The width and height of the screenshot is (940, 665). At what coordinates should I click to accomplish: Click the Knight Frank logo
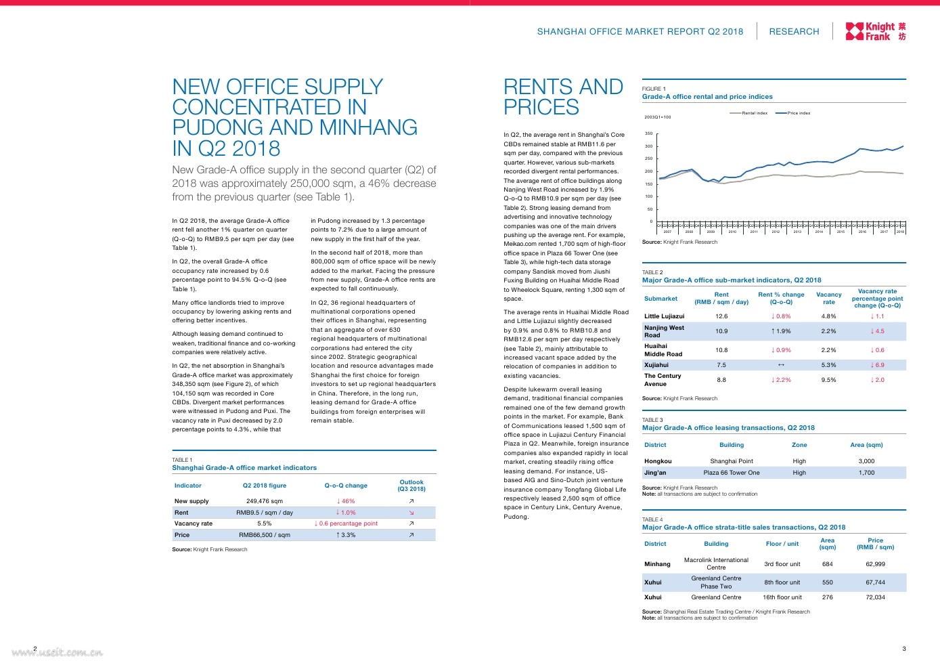[875, 31]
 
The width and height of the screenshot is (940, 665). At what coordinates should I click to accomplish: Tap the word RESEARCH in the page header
[794, 32]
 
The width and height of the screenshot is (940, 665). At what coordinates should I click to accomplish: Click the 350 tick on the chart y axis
[648, 133]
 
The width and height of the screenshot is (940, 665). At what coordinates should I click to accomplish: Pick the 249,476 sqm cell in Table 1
[265, 501]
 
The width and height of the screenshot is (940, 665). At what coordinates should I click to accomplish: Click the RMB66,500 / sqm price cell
[265, 535]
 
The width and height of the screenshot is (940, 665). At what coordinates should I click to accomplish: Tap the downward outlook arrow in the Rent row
[411, 513]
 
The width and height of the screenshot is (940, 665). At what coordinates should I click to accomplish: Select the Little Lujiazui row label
[664, 316]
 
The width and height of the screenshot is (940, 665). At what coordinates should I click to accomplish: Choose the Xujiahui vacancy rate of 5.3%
[828, 365]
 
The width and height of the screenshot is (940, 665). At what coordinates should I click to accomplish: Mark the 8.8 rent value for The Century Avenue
[721, 380]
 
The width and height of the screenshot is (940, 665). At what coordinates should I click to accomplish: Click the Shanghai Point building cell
[732, 461]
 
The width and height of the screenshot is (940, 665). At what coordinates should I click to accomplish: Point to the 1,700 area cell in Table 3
[866, 473]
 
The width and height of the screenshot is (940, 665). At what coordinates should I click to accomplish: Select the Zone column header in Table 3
[799, 445]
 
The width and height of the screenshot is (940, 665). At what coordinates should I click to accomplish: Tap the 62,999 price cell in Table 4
[875, 564]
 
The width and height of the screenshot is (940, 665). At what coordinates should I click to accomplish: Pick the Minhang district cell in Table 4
[657, 564]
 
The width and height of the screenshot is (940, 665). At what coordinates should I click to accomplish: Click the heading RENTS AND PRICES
[563, 97]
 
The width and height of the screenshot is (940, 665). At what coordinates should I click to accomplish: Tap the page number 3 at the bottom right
[904, 649]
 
